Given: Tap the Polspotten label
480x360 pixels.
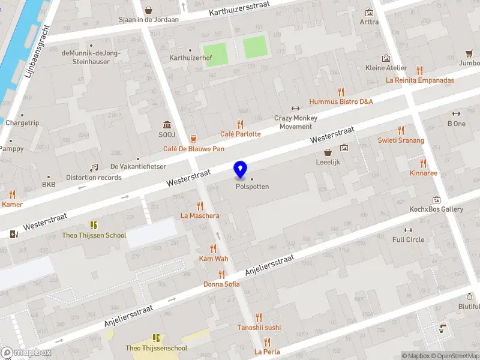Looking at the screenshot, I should [252, 187].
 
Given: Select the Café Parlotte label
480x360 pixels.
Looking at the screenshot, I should [241, 134].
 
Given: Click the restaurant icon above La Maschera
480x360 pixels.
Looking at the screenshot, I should [200, 206].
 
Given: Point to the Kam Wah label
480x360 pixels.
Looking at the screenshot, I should [214, 259].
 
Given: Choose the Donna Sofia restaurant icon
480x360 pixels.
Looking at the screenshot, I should [221, 274].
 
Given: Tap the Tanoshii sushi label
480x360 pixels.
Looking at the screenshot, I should [259, 328].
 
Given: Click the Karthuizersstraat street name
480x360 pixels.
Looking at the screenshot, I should [239, 8].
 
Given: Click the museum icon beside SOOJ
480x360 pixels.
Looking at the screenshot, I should [167, 124].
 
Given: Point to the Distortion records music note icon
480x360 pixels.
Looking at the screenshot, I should [94, 168].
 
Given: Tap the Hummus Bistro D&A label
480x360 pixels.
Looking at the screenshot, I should [341, 102].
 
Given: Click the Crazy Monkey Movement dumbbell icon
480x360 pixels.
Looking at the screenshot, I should [295, 109].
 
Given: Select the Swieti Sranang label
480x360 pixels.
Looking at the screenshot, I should [401, 140].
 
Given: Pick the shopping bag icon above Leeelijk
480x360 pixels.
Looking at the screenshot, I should [328, 152].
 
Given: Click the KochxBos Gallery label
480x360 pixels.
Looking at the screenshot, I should [436, 209].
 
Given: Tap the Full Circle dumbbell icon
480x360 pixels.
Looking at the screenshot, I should [409, 230].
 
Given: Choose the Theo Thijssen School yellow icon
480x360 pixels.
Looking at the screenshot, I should [94, 225].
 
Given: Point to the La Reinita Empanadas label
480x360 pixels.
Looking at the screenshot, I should [420, 80].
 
